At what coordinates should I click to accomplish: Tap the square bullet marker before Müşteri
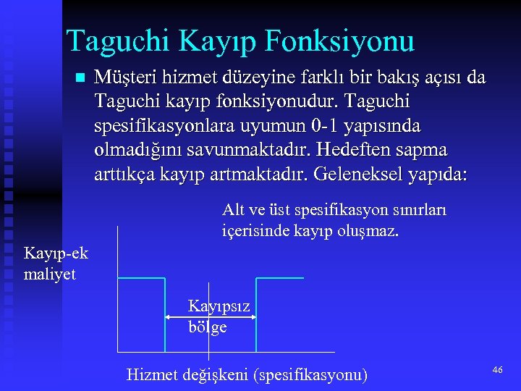(x=80, y=77)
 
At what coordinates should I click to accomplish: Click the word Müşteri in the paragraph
(x=124, y=77)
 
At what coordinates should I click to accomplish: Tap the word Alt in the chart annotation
(x=234, y=210)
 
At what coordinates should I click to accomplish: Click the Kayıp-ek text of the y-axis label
(x=56, y=253)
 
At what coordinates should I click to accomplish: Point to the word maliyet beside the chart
(x=50, y=274)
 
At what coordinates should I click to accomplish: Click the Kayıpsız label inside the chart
(x=219, y=306)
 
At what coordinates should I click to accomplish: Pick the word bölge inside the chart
(x=208, y=327)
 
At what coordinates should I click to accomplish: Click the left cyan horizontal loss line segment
(x=143, y=278)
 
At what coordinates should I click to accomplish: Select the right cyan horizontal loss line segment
(x=279, y=278)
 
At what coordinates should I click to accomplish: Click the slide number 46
(x=497, y=370)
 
